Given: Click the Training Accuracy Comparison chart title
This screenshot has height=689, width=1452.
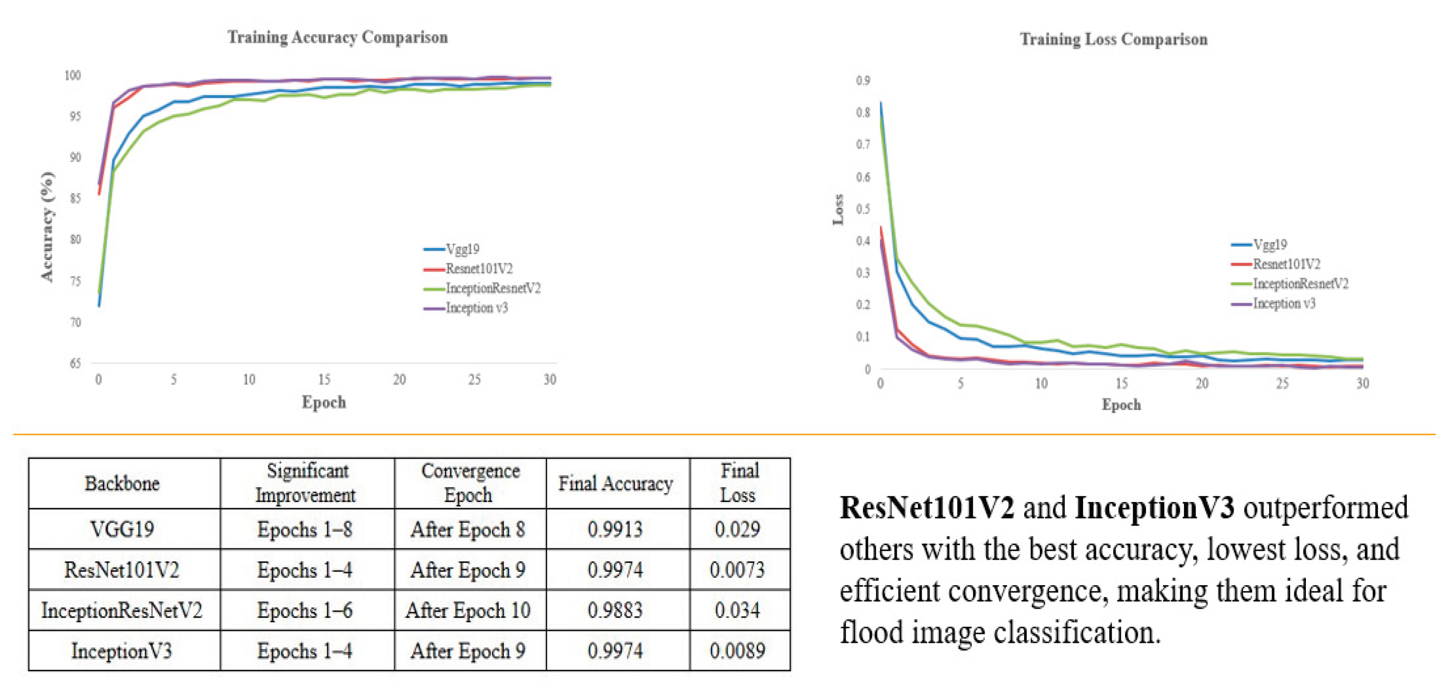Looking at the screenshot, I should click(337, 37).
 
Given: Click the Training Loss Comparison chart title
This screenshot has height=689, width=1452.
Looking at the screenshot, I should click(1113, 40).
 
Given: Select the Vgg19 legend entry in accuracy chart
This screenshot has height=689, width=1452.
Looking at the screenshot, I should click(462, 249).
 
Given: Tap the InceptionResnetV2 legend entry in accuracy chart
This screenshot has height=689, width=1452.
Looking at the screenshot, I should click(492, 288).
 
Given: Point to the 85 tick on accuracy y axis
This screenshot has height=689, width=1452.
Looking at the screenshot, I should click(75, 198).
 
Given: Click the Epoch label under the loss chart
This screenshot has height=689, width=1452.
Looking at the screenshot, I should click(1121, 405).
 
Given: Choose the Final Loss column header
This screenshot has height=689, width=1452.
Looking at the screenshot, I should click(739, 483).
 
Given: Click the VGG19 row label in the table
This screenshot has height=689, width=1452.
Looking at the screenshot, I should click(122, 529).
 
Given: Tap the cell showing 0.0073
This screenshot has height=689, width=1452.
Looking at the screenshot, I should click(737, 570).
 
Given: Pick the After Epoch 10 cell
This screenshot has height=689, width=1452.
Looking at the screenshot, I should click(468, 611).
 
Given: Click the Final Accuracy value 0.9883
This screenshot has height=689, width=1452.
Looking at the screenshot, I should click(615, 611).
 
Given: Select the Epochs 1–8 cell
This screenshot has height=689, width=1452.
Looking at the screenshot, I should click(305, 529).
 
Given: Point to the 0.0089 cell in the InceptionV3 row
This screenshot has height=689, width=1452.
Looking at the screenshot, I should click(737, 651).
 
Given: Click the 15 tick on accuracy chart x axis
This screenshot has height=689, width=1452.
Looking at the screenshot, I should click(324, 380).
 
